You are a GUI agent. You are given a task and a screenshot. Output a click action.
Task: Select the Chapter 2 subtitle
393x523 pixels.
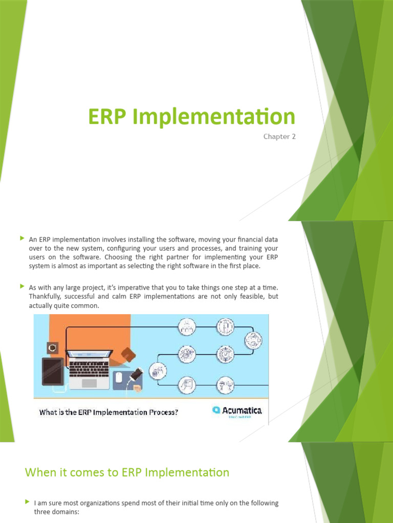pyautogui.click(x=279, y=136)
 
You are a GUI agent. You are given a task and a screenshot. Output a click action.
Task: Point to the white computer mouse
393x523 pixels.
pyautogui.click(x=119, y=377)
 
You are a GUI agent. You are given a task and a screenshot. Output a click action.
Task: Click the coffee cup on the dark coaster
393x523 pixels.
pyautogui.click(x=52, y=348)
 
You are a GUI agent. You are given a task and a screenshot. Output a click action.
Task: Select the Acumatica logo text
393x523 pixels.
pyautogui.click(x=242, y=410)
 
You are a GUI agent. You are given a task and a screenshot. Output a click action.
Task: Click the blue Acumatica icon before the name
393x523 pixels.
pyautogui.click(x=216, y=410)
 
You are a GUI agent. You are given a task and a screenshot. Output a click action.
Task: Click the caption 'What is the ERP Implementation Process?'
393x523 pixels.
pyautogui.click(x=109, y=412)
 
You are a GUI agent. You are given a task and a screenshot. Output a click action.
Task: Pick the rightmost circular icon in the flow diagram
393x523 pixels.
pyautogui.click(x=253, y=340)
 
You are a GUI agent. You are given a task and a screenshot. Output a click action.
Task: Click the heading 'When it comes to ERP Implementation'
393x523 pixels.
pyautogui.click(x=127, y=472)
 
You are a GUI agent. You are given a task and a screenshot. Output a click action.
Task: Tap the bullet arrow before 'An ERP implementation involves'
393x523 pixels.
pyautogui.click(x=22, y=239)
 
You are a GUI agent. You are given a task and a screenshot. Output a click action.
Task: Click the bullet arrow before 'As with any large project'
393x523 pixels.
pyautogui.click(x=22, y=287)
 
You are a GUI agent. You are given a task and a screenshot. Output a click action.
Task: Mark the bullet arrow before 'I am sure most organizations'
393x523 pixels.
pyautogui.click(x=27, y=502)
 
